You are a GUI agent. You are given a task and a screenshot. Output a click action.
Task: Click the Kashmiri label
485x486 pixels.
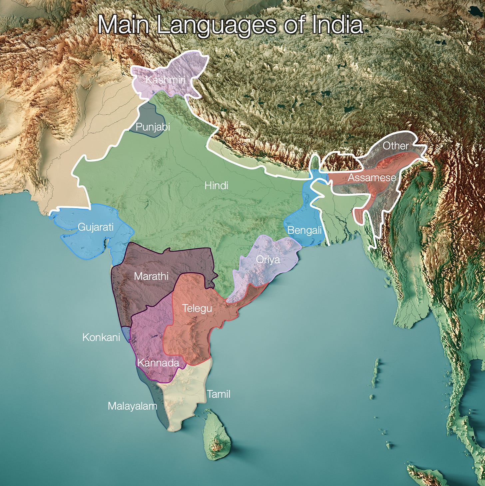pyautogui.click(x=165, y=80)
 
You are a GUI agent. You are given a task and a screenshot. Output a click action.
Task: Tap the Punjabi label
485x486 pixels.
pyautogui.click(x=153, y=127)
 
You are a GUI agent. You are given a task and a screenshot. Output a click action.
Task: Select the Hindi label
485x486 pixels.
pyautogui.click(x=216, y=186)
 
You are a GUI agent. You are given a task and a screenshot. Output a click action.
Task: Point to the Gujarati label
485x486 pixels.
pyautogui.click(x=96, y=227)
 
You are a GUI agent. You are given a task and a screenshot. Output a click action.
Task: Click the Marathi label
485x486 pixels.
pyautogui.click(x=151, y=276)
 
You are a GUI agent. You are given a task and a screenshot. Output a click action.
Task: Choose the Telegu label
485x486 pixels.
pyautogui.click(x=197, y=308)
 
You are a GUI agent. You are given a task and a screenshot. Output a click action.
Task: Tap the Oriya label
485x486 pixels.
pyautogui.click(x=268, y=260)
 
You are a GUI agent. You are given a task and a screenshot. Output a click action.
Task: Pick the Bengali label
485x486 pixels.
pyautogui.click(x=304, y=230)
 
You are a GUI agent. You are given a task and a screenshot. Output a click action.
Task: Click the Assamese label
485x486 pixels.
pyautogui.click(x=372, y=178)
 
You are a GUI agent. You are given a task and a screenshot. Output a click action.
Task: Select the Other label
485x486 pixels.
pyautogui.click(x=395, y=146)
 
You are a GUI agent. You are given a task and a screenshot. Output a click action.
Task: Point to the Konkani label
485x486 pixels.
pyautogui.click(x=101, y=337)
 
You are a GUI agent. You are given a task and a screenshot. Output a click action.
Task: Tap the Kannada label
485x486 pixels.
pyautogui.click(x=158, y=363)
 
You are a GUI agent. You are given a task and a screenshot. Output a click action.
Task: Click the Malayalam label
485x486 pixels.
pyautogui.click(x=132, y=406)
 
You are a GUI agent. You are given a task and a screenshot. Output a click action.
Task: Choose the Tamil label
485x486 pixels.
pyautogui.click(x=219, y=394)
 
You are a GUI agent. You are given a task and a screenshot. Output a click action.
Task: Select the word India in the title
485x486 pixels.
pyautogui.click(x=337, y=25)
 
